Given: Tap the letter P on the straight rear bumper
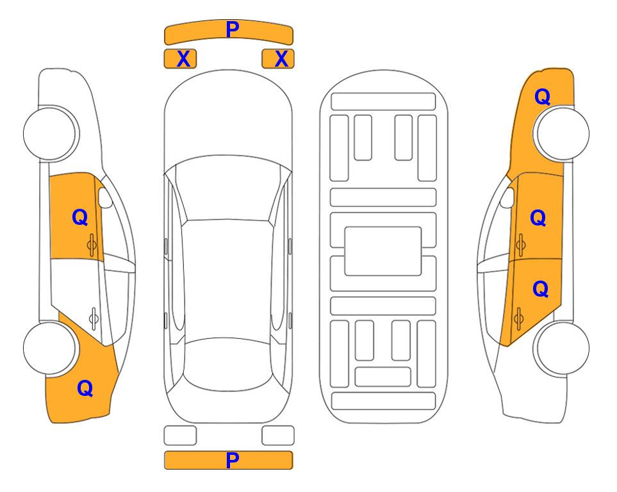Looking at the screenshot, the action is point(232,460).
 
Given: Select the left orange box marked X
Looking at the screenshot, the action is point(180,59).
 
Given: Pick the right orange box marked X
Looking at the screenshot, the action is point(278,59).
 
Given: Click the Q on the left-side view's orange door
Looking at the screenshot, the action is point(80,217).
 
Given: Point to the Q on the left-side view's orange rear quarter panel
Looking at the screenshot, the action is point(85,388).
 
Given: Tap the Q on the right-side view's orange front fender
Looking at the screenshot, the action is point(542,97).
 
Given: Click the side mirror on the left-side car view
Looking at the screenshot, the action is point(104,197).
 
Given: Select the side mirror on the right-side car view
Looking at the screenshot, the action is point(507,197).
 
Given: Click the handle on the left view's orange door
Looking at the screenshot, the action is point(92,245).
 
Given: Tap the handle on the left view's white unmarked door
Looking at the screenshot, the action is point(94,318).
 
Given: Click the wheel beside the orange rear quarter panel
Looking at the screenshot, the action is point(49,348).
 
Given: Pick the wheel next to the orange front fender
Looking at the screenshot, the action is point(561,134).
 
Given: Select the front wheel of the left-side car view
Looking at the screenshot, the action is point(49,134).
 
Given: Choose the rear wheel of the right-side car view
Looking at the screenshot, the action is point(561,348).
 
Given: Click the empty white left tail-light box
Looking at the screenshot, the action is point(180,436).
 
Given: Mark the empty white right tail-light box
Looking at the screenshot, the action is point(278,436).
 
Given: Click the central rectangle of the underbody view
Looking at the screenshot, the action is point(383,251).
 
